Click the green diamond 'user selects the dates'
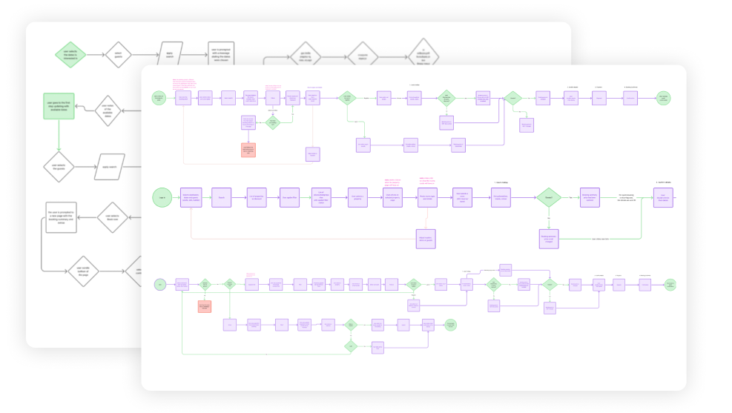point(72,54)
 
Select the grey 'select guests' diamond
point(117,54)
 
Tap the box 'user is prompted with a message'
point(220,54)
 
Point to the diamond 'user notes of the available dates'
point(108,110)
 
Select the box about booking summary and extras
point(61,217)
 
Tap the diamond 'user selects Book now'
point(113,217)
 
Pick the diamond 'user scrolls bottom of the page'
point(83,271)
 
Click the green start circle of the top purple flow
point(158,97)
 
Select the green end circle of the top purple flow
point(663,97)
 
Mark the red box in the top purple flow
point(248,149)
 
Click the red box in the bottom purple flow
point(205,305)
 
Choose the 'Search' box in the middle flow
point(221,197)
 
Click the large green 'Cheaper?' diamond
point(549,198)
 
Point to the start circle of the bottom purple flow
point(159,284)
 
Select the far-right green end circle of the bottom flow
point(670,284)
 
